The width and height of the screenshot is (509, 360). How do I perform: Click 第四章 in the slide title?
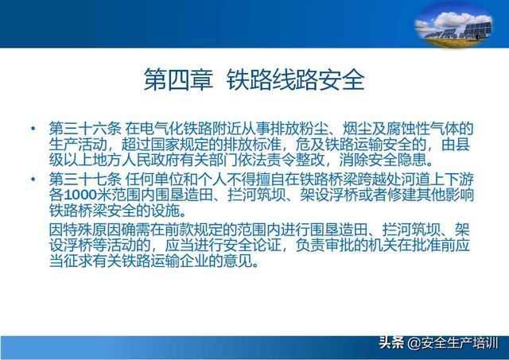(x=178, y=79)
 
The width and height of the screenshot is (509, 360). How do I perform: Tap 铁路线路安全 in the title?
(x=295, y=79)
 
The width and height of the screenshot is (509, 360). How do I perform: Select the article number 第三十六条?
(x=85, y=129)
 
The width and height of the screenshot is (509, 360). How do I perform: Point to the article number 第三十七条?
(x=85, y=179)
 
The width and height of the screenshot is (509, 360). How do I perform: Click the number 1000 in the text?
(x=80, y=195)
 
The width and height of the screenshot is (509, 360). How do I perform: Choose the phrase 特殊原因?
(x=92, y=230)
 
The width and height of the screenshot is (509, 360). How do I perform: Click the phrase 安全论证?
(x=252, y=246)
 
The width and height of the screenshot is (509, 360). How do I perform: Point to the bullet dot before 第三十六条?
(x=33, y=129)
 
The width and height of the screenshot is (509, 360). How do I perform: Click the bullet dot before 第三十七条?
(x=33, y=179)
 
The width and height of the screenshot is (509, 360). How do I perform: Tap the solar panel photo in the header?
(x=454, y=26)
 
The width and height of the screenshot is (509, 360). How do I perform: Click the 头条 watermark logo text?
(x=392, y=343)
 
